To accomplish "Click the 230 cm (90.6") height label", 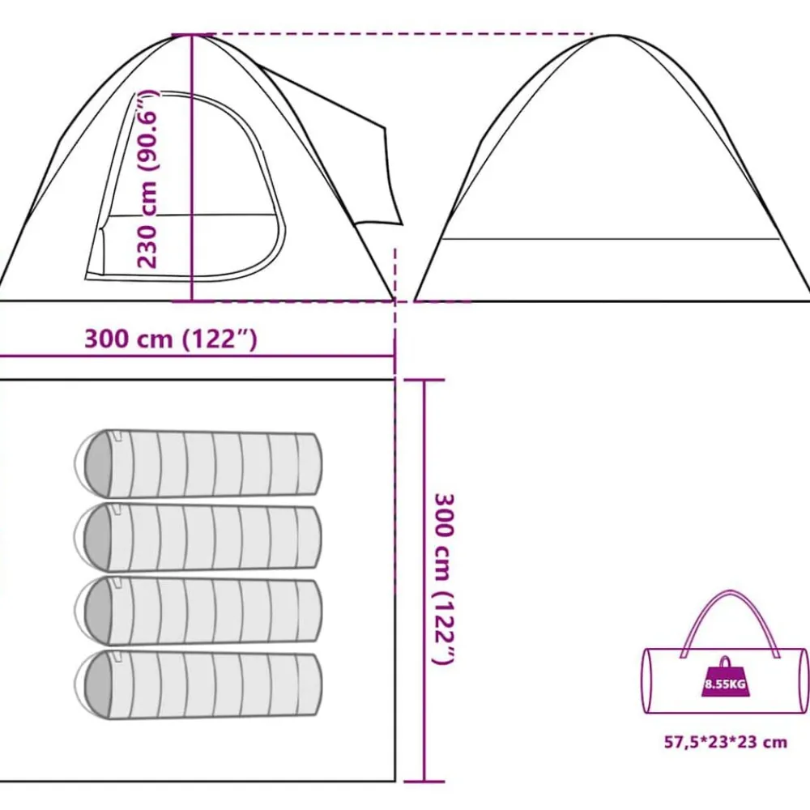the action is [147, 179].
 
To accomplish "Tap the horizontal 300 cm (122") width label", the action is [170, 339].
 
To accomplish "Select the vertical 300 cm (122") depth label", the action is [443, 579].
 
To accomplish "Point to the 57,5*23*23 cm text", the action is [725, 742].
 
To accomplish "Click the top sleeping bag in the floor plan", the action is [198, 463].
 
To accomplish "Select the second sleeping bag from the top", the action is [198, 537].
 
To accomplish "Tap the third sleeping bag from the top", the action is [198, 611].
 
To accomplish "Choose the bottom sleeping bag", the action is [198, 685].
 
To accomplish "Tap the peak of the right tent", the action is [614, 36].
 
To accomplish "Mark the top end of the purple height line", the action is [192, 35].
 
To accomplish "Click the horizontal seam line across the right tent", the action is [611, 239].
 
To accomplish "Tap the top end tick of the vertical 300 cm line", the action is [424, 381].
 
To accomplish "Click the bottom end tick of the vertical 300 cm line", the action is [424, 782].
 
